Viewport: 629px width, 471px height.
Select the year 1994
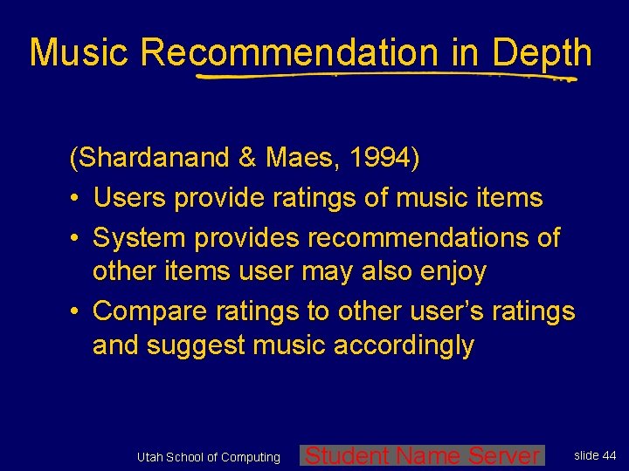pos(381,159)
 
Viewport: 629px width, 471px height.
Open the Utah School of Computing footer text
pos(209,457)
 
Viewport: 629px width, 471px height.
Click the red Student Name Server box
pos(422,455)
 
